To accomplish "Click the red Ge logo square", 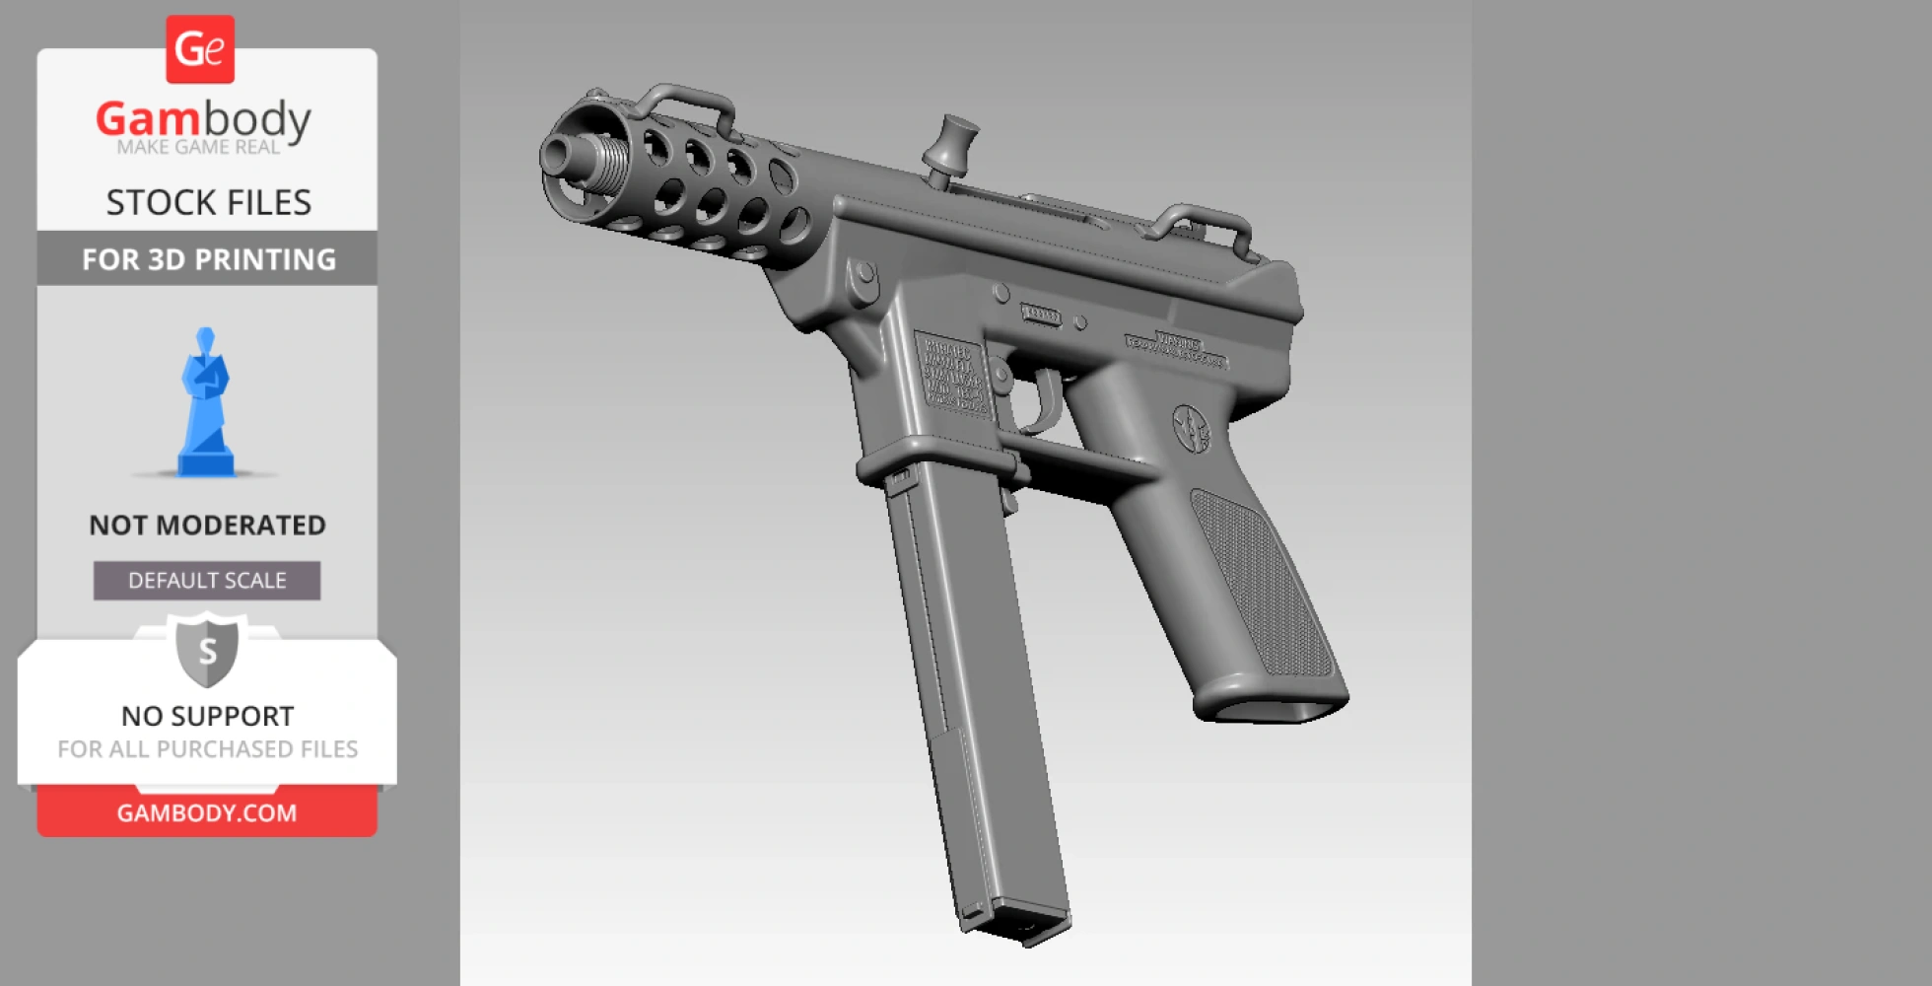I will point(200,49).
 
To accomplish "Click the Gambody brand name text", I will point(203,119).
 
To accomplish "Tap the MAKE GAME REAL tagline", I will point(198,147).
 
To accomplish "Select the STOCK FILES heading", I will point(208,202).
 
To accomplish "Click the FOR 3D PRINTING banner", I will point(208,259).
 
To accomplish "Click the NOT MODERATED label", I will point(207,525).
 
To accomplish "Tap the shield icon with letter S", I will point(207,651).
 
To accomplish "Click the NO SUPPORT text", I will point(207,716).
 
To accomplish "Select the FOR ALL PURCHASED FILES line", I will point(207,749).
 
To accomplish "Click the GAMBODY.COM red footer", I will point(207,812).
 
